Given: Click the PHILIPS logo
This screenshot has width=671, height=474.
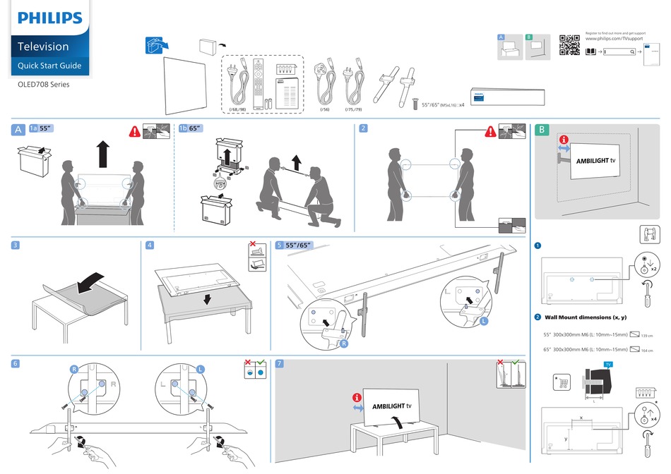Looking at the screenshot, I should click(49, 18).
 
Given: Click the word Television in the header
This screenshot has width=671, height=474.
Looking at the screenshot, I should click(44, 47).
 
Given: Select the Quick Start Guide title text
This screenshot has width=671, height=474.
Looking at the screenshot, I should click(49, 66).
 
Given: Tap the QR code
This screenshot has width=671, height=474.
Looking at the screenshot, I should click(569, 44).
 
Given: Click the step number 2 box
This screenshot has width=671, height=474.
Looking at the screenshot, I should click(363, 128).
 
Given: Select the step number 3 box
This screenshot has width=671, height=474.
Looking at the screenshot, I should click(15, 245).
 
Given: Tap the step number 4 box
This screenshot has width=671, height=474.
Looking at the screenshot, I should click(149, 245).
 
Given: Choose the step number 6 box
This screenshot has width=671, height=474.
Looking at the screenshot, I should click(15, 363).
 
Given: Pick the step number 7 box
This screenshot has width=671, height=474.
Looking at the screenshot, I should click(280, 363).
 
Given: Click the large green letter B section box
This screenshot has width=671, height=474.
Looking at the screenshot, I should click(541, 130).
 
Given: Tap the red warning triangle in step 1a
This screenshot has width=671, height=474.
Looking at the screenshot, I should click(133, 130).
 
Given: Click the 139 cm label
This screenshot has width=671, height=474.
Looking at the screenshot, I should click(647, 334).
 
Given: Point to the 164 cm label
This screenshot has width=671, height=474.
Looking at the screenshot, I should click(647, 350).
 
